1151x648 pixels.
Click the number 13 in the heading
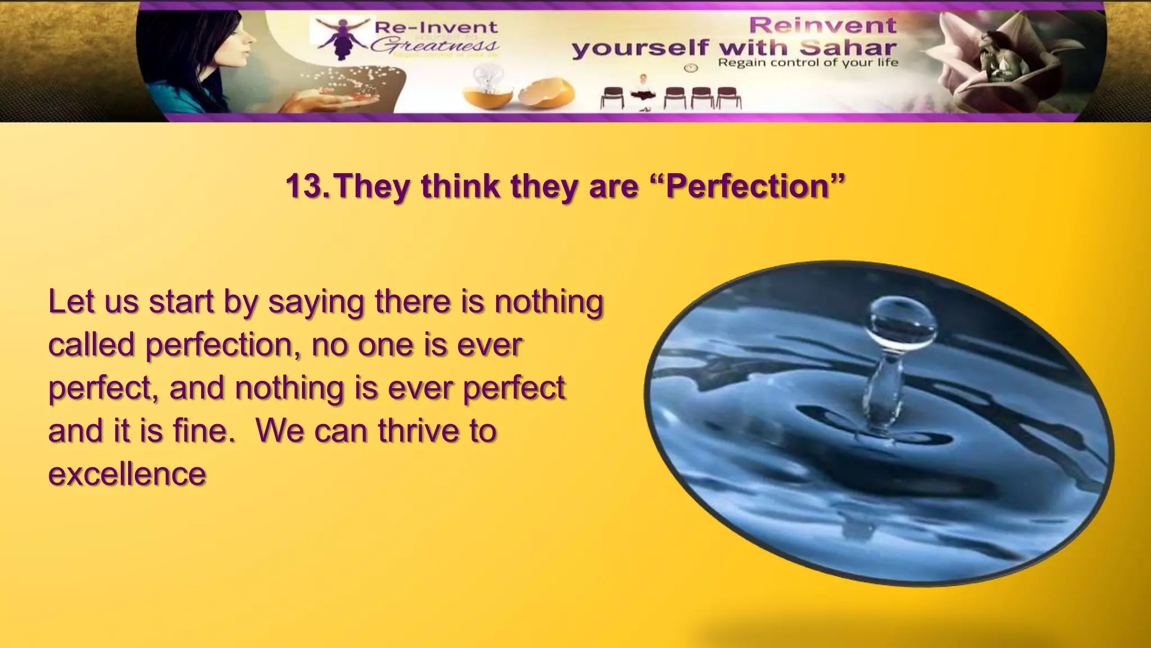(x=306, y=186)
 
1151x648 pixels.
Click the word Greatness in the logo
(x=434, y=45)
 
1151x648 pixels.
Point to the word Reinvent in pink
(x=823, y=25)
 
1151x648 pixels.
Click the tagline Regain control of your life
(x=808, y=62)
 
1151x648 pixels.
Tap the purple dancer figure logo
(x=341, y=36)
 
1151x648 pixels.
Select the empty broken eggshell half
(x=546, y=93)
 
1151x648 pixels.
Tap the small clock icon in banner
(x=691, y=68)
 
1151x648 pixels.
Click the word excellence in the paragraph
(x=127, y=474)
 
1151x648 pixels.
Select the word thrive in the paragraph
(x=418, y=431)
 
